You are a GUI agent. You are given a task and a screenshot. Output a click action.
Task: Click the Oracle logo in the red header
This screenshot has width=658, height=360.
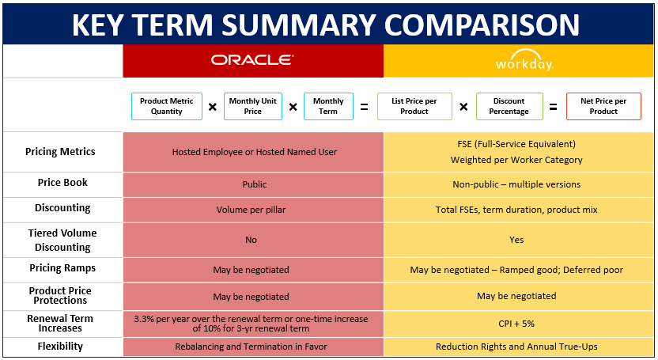[252, 60]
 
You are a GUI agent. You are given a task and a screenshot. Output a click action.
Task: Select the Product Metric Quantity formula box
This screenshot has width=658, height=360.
[167, 107]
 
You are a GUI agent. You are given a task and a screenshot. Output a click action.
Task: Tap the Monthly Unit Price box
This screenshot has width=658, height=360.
[252, 107]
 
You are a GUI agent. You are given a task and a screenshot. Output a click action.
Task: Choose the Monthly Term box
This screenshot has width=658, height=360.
[328, 107]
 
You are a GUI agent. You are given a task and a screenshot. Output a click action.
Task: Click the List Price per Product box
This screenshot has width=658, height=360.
[414, 107]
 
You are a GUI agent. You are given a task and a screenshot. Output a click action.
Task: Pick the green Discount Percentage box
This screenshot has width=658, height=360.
[509, 107]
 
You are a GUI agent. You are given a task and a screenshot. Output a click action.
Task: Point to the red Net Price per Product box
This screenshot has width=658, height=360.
[603, 107]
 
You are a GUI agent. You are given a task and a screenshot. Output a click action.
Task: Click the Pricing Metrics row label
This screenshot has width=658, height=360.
[60, 152]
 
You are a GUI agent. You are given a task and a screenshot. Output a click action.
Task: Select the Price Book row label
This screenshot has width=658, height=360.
[62, 183]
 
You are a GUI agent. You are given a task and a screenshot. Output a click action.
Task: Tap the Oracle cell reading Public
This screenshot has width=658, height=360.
[254, 184]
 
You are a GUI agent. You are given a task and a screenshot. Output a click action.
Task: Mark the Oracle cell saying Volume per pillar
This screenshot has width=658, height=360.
[252, 210]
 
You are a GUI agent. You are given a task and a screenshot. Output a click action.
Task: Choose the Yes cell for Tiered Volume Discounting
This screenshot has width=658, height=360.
[516, 240]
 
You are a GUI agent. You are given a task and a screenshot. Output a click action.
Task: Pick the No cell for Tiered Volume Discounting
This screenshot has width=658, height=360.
[251, 240]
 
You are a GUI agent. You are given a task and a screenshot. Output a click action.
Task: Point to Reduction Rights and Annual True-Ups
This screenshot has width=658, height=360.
[516, 347]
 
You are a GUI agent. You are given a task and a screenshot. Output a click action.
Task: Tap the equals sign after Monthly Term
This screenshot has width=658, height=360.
[364, 107]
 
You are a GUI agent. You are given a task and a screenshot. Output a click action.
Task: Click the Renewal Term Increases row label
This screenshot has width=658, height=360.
[60, 324]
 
